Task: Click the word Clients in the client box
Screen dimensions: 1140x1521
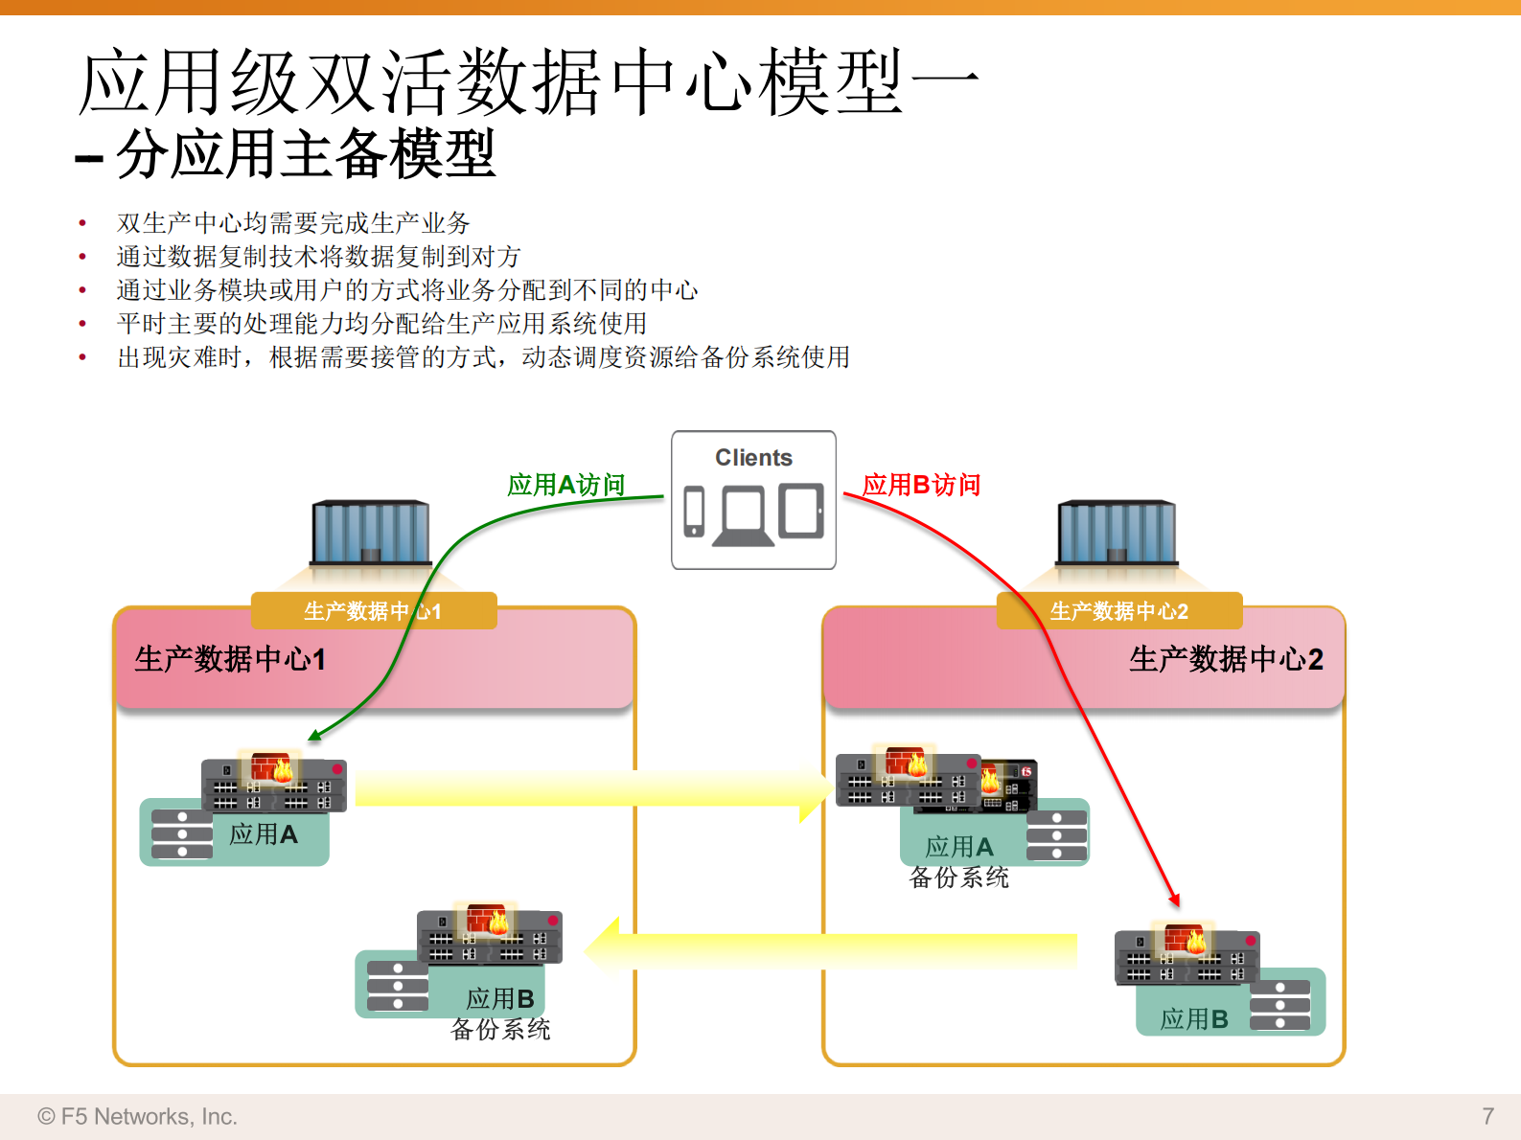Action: click(x=753, y=458)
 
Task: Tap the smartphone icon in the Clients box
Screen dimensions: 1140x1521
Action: click(x=694, y=511)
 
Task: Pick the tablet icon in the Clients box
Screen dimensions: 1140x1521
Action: click(x=801, y=511)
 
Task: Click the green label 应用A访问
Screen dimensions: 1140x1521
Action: click(x=565, y=485)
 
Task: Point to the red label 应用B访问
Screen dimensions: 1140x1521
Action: click(x=921, y=485)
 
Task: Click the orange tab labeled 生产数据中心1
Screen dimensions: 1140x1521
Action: click(x=373, y=611)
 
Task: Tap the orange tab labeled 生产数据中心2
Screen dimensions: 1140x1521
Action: click(x=1118, y=611)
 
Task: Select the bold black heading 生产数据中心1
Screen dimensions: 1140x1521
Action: click(x=230, y=659)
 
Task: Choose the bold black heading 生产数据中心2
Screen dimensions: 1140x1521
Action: click(x=1226, y=659)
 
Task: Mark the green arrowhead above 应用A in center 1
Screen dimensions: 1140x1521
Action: click(x=313, y=736)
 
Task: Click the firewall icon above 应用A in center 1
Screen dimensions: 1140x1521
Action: click(x=271, y=767)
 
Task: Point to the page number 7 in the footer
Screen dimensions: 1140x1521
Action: click(x=1487, y=1116)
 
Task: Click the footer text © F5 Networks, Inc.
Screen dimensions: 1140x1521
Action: click(x=137, y=1116)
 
